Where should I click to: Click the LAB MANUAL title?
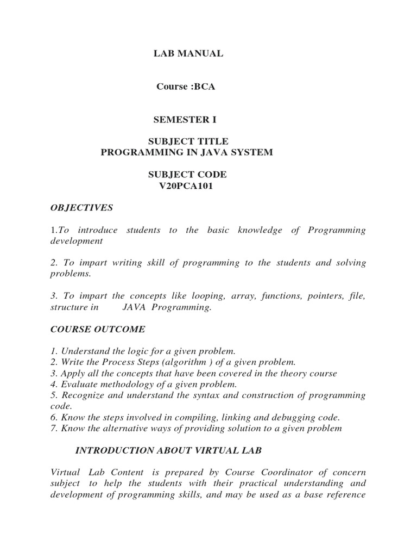186,53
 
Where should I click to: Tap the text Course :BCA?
186,86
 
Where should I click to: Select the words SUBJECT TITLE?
187,141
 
